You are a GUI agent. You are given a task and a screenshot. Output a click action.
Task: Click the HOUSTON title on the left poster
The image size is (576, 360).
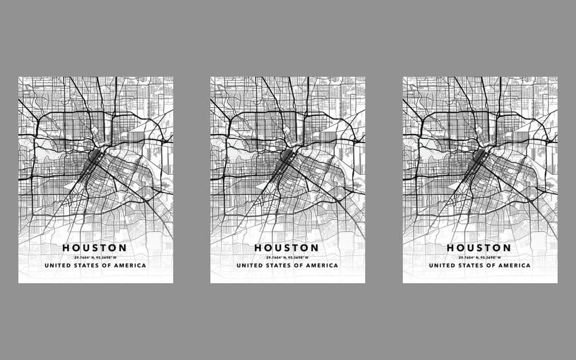pyautogui.click(x=95, y=248)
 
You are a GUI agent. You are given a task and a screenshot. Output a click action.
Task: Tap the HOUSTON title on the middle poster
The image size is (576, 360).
pyautogui.click(x=287, y=248)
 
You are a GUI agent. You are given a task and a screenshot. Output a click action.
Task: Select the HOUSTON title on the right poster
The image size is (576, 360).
pyautogui.click(x=479, y=248)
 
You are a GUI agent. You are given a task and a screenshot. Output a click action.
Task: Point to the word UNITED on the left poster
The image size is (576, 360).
pyautogui.click(x=57, y=266)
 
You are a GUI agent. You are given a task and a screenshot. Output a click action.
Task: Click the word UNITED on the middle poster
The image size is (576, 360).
pyautogui.click(x=249, y=266)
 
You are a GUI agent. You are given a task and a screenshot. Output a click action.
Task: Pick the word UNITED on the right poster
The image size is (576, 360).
pyautogui.click(x=441, y=266)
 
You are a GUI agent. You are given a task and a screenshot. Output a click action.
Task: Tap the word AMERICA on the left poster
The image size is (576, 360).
pyautogui.click(x=131, y=266)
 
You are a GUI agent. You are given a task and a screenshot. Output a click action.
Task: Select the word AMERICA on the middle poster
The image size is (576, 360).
pyautogui.click(x=323, y=266)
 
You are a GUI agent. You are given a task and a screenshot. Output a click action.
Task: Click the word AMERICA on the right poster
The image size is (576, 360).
pyautogui.click(x=515, y=266)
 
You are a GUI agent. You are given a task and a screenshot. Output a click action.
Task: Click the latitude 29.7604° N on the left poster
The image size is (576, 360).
pyautogui.click(x=84, y=257)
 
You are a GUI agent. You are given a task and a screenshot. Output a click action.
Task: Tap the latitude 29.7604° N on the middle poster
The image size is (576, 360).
pyautogui.click(x=276, y=257)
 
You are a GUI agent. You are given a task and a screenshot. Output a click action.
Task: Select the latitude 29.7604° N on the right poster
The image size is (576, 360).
pyautogui.click(x=468, y=257)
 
